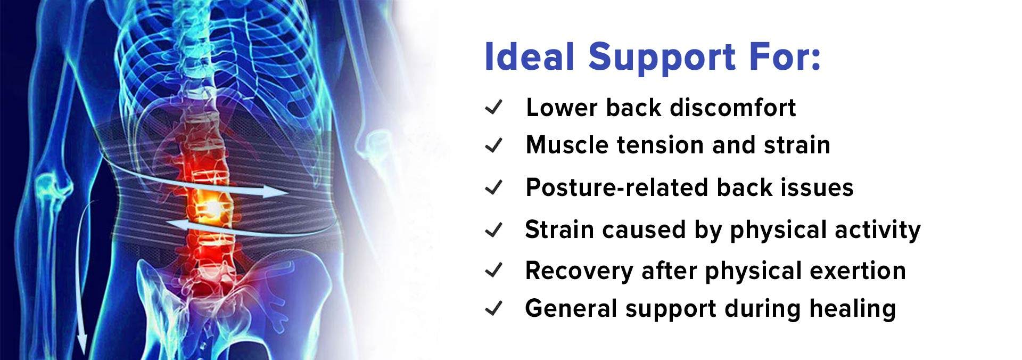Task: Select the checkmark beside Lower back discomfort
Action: pyautogui.click(x=493, y=108)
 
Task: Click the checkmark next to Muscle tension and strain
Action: pyautogui.click(x=493, y=145)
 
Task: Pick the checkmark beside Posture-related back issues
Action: pyautogui.click(x=493, y=187)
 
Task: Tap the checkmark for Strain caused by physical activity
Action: pyautogui.click(x=493, y=230)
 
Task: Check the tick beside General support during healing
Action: pyautogui.click(x=493, y=308)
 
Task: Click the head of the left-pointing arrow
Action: pyautogui.click(x=167, y=224)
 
